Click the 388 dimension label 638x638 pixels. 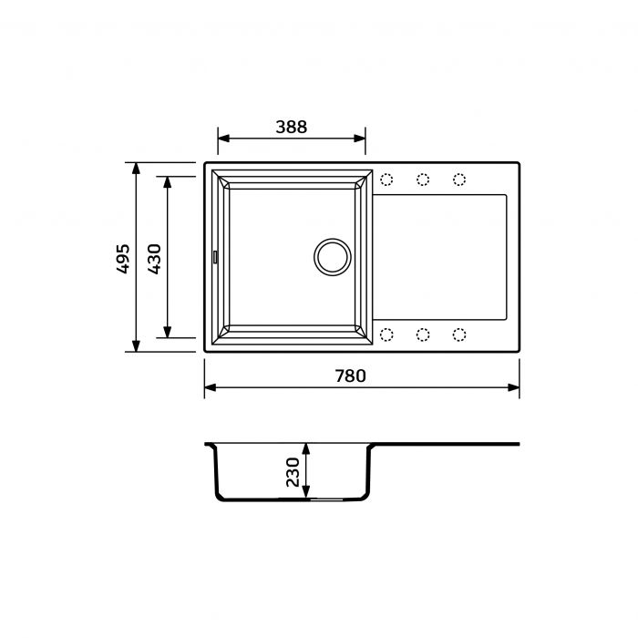point(292,128)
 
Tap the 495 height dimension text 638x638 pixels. point(123,257)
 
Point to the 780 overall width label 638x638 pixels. point(349,376)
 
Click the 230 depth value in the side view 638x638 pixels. point(293,473)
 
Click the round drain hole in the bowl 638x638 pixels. point(331,256)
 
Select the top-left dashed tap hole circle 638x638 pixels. point(386,179)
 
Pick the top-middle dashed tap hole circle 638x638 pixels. point(423,179)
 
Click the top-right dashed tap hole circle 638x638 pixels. point(459,179)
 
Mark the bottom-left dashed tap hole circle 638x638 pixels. point(386,334)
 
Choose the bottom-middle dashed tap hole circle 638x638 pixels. point(423,334)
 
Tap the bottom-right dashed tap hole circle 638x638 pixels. point(459,334)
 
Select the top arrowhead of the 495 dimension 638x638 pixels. point(136,170)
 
